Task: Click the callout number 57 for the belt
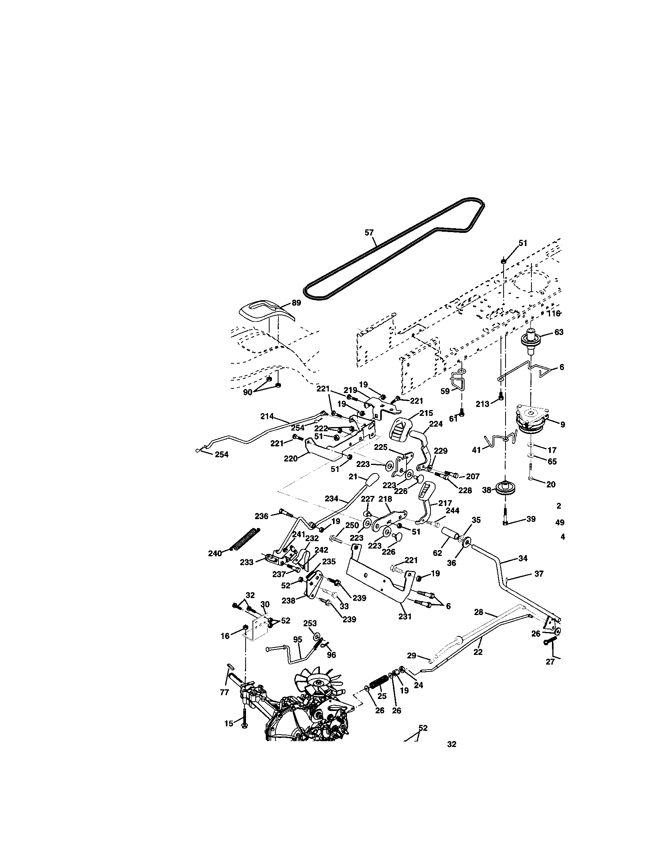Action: click(369, 232)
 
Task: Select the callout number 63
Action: click(559, 332)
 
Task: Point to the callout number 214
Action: click(267, 416)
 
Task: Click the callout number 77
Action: click(224, 692)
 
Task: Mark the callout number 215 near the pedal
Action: click(426, 413)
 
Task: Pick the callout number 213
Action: click(482, 404)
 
